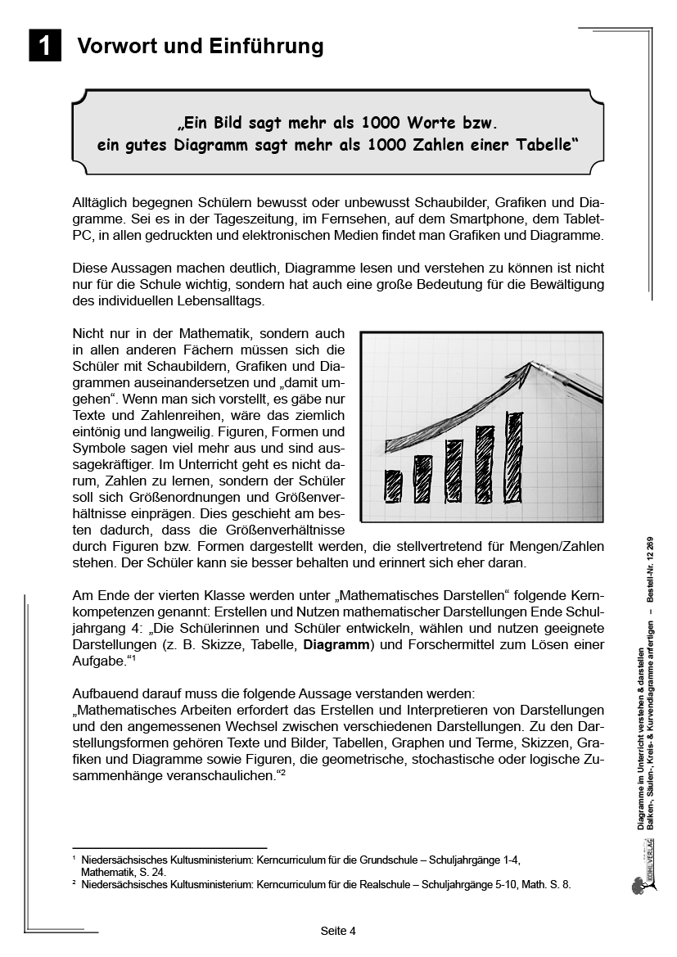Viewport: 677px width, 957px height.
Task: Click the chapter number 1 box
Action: point(45,46)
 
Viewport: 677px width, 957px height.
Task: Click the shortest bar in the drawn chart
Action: point(393,485)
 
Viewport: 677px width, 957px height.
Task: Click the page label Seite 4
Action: point(338,931)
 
